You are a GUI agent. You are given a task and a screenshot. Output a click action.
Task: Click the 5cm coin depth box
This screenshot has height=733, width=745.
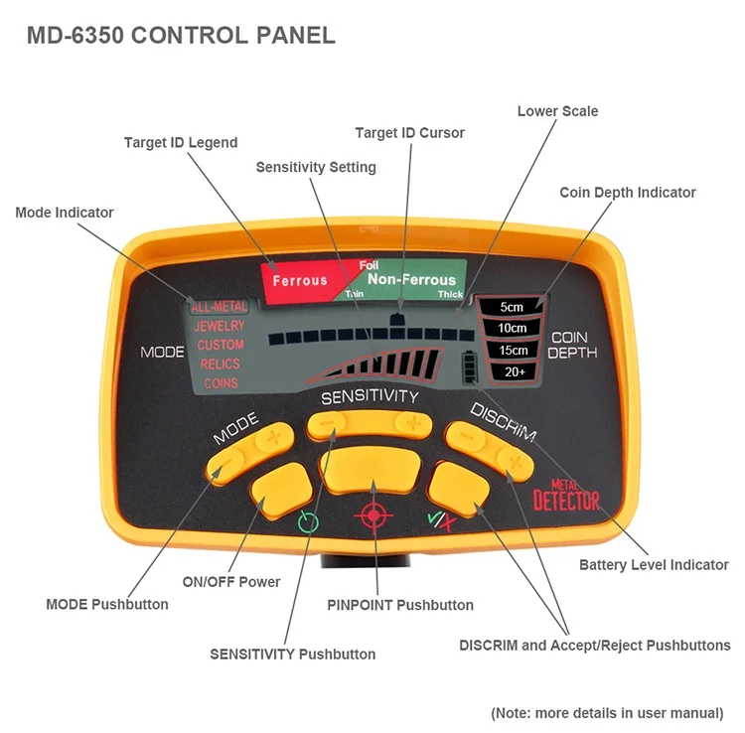click(x=512, y=306)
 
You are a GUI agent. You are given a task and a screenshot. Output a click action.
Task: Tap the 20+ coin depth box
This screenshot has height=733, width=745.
click(x=515, y=372)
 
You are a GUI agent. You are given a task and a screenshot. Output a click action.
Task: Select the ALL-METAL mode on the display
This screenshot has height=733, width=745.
click(x=220, y=307)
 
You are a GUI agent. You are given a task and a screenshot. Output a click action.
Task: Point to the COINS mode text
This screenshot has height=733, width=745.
click(x=221, y=383)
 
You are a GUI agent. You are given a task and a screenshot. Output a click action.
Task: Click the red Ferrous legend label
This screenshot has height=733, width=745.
click(x=300, y=281)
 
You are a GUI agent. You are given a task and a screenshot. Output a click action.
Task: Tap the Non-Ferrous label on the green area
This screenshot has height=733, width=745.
click(x=411, y=279)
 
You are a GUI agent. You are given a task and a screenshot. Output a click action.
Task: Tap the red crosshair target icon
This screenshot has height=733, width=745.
click(x=373, y=514)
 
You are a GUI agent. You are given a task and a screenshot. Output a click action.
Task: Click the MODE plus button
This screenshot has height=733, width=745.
click(x=274, y=438)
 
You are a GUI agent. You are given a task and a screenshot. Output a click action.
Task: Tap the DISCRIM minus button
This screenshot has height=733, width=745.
click(x=466, y=436)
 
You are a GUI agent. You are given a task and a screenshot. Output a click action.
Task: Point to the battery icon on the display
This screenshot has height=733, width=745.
click(x=470, y=367)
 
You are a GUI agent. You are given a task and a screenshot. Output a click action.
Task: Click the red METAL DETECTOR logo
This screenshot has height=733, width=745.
click(x=566, y=496)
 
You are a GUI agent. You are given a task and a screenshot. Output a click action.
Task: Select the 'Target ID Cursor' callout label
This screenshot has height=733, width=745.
click(x=409, y=132)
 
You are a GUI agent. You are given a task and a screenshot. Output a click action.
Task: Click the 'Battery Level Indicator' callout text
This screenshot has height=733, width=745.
click(x=654, y=565)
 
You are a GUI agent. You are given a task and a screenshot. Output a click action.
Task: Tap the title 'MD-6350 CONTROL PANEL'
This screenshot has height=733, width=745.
click(x=181, y=35)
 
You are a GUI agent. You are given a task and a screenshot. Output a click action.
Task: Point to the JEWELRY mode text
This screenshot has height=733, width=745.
click(x=220, y=326)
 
